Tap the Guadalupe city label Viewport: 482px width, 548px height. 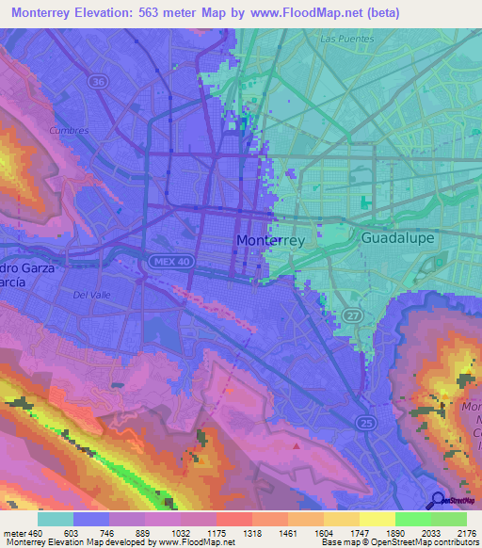(398, 238)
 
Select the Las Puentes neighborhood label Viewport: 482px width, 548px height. (346, 40)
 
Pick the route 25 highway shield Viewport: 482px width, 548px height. (364, 423)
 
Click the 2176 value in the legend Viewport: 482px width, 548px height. (465, 532)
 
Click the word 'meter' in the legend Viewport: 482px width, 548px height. (13, 532)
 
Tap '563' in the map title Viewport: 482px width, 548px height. (174, 12)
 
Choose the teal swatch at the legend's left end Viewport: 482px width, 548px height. (56, 519)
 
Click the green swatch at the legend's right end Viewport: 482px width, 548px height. (448, 519)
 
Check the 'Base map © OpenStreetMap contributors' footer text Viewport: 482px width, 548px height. (399, 542)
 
